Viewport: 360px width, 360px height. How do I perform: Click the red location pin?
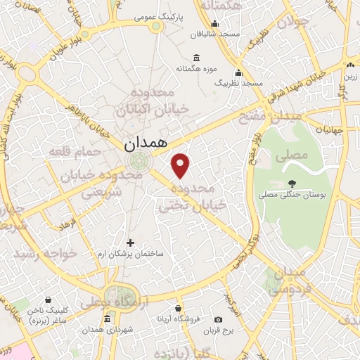pos(181,166)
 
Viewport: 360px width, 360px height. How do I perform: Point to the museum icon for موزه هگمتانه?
pos(194,58)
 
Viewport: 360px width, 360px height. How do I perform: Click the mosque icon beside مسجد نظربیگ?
pos(239,72)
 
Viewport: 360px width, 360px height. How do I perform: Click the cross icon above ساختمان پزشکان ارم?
pos(130,243)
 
